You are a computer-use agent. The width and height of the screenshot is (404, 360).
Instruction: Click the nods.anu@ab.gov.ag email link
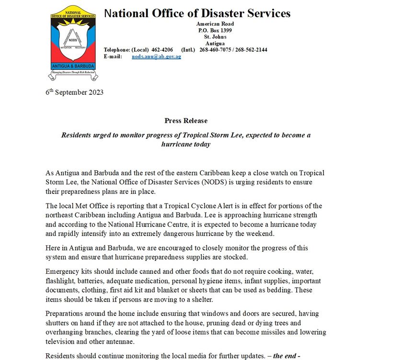[156, 56]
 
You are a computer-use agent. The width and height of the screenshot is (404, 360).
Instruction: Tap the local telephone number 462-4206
[162, 50]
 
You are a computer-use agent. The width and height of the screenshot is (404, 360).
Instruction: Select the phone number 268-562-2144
[251, 50]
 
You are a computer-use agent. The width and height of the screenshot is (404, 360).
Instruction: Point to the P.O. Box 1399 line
[215, 30]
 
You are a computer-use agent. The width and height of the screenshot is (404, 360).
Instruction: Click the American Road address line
[215, 24]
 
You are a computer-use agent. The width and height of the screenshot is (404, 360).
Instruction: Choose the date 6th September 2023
[74, 92]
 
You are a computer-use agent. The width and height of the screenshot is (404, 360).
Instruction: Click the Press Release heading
[186, 121]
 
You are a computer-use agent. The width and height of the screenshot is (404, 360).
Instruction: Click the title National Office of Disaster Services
[197, 13]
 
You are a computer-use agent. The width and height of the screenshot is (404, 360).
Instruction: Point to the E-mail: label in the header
[114, 56]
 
